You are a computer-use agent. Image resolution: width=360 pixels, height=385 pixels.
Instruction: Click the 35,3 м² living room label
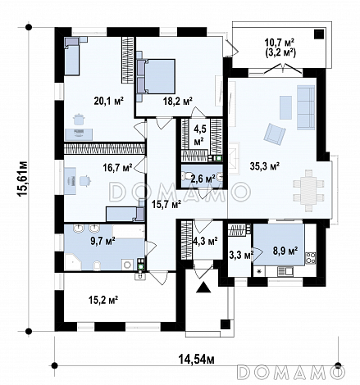264,165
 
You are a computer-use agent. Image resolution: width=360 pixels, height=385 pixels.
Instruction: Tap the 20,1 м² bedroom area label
109,101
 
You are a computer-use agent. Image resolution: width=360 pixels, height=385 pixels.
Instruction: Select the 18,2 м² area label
178,102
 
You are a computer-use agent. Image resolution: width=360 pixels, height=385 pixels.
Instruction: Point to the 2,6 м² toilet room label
203,179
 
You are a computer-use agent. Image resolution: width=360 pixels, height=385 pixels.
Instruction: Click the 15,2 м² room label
103,300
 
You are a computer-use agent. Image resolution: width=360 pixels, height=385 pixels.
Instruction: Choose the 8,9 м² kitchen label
285,251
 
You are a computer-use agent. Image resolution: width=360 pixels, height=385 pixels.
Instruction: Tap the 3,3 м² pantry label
240,256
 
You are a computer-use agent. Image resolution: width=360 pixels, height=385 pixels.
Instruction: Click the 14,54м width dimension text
197,359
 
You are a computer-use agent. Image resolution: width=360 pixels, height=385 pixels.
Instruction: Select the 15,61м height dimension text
22,179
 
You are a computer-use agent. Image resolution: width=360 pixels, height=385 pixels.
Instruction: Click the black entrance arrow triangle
203,288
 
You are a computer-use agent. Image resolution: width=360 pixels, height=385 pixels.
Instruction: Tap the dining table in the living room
308,191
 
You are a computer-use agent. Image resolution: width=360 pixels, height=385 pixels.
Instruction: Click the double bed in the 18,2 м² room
156,77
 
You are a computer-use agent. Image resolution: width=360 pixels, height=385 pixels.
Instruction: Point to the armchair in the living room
275,134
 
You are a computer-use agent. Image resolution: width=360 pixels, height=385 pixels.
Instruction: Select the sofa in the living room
306,107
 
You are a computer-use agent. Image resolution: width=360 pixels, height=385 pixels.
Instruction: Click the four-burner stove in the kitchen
311,257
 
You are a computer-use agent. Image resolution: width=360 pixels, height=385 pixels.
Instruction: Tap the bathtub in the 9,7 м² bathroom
129,232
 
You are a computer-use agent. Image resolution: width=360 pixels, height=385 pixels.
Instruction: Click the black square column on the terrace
319,34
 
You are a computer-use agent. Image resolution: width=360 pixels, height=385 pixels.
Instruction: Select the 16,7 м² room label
118,167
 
